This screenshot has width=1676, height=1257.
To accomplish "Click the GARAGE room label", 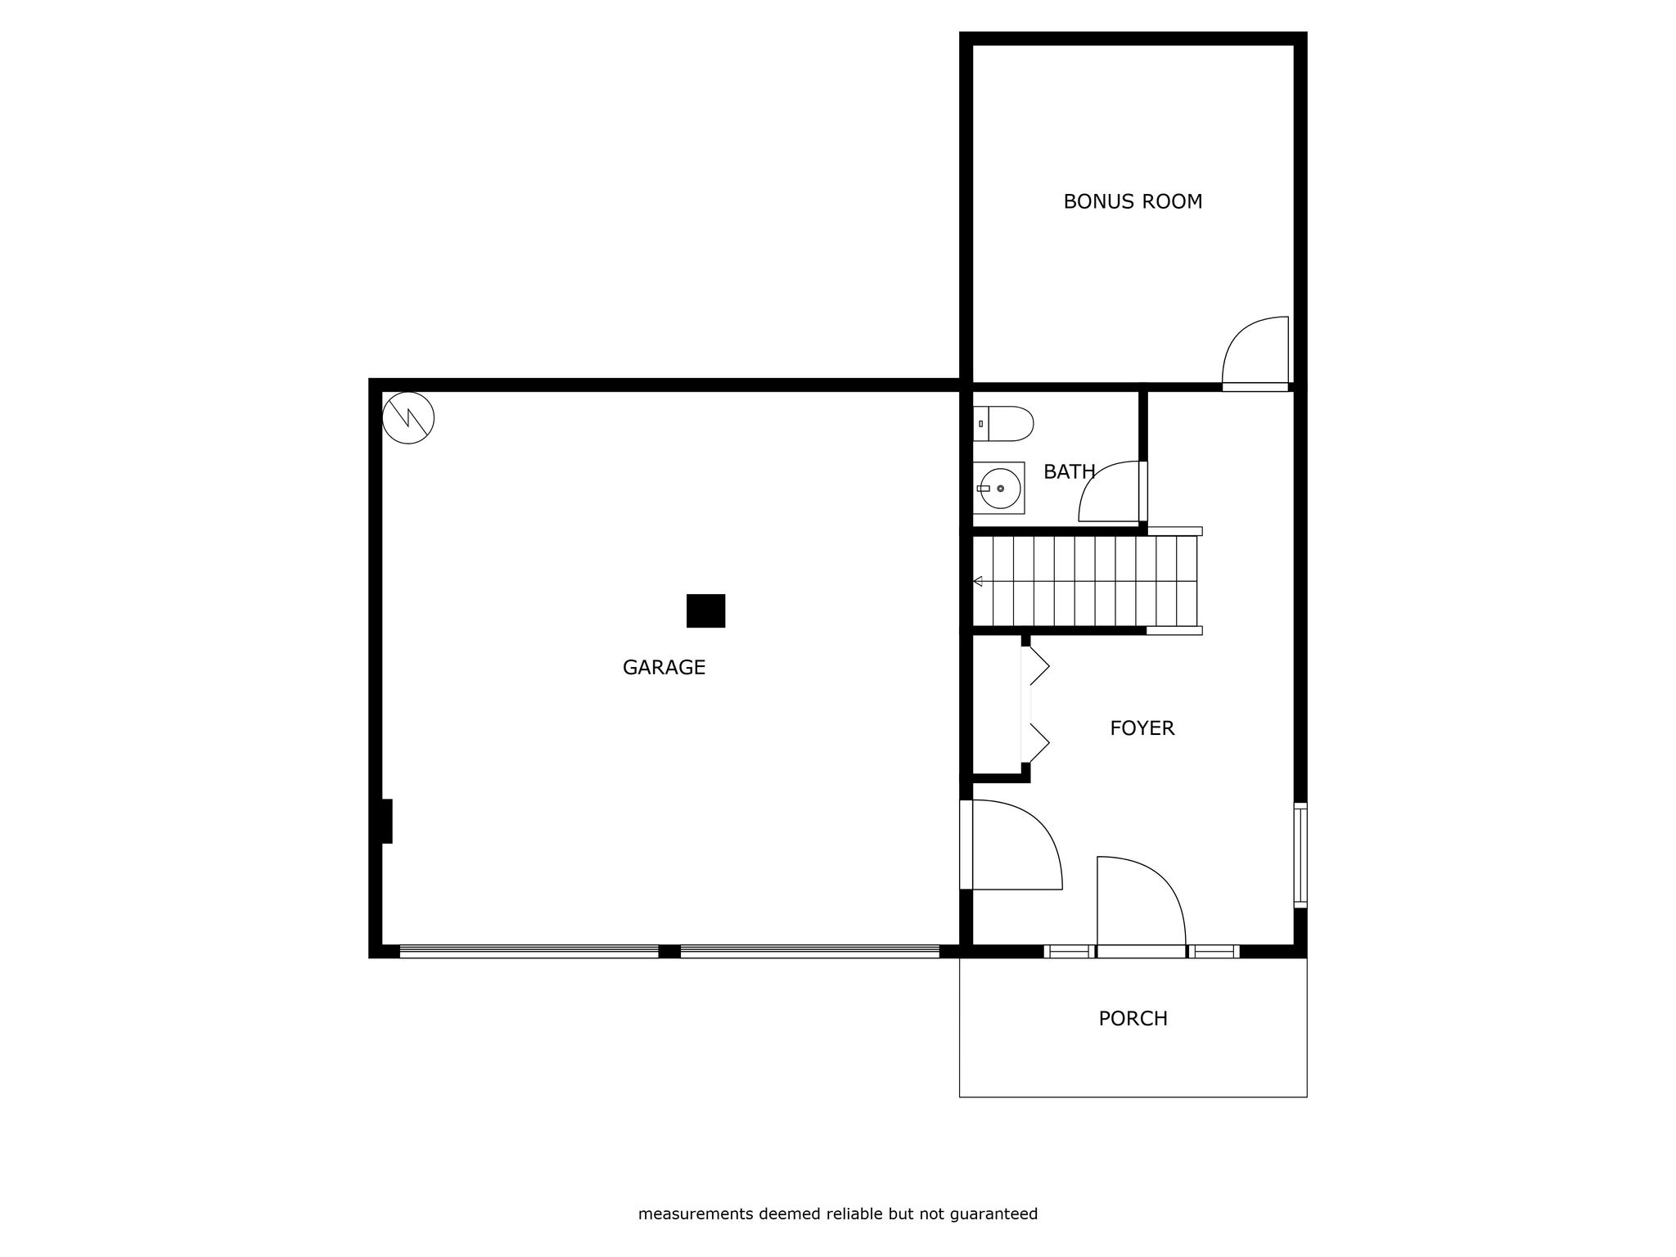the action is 664,668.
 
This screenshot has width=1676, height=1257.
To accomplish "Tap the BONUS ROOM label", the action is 1133,201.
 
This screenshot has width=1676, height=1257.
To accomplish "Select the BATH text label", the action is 1069,472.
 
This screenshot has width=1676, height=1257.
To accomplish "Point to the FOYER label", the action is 1142,728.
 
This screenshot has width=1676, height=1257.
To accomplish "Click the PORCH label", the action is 1133,1019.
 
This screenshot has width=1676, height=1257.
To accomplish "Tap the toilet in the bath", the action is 1003,424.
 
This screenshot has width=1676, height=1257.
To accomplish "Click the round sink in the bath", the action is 999,489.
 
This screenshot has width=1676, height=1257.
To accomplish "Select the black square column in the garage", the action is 705,610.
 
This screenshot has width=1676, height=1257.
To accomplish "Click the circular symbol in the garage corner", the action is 408,418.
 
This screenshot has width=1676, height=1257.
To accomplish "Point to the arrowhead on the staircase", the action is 977,581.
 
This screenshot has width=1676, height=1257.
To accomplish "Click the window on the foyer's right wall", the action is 1300,855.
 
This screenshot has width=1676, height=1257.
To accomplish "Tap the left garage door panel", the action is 529,951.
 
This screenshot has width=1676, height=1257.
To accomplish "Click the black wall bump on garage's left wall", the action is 387,821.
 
